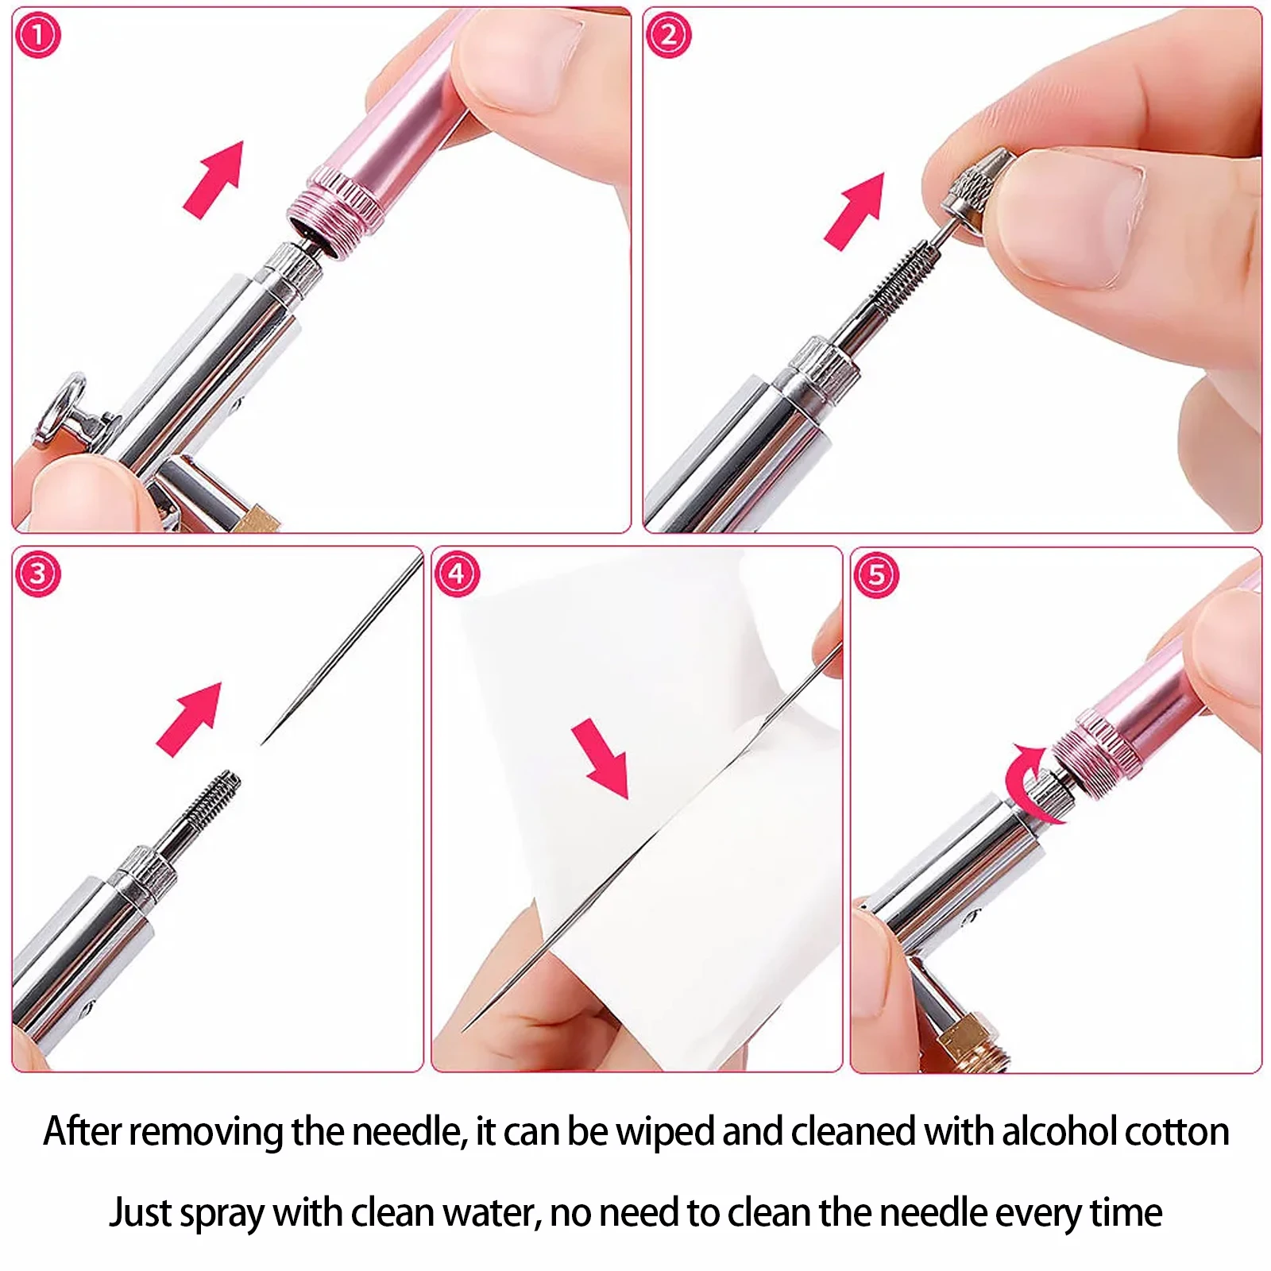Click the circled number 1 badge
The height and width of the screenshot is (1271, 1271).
(37, 36)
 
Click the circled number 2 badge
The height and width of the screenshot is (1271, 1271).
(668, 36)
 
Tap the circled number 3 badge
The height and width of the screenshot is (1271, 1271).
(37, 574)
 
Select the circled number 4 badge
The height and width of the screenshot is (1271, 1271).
(457, 574)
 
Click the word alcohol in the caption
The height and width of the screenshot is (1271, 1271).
(1049, 1131)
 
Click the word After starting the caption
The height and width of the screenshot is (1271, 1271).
(82, 1131)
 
